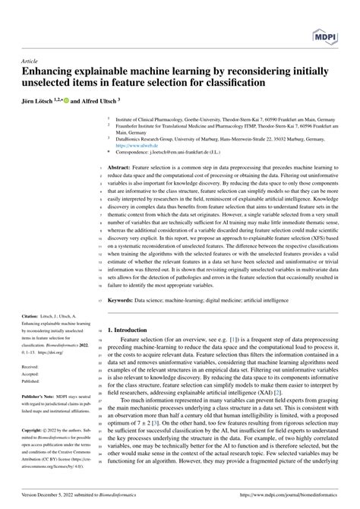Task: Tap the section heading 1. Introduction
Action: click(139, 330)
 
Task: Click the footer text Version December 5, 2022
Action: click(45, 502)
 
